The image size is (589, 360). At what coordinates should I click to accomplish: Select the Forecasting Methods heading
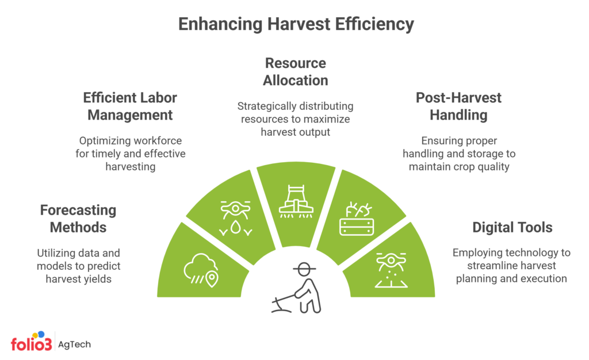click(x=78, y=219)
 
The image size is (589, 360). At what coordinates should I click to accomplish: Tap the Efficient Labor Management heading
click(x=129, y=106)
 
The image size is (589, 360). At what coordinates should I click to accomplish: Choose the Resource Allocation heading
click(x=295, y=72)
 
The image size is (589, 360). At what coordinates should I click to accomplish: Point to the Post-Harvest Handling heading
click(x=458, y=106)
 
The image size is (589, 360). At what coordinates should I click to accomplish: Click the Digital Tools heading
click(x=512, y=228)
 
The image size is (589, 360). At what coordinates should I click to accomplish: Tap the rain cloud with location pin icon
click(x=201, y=270)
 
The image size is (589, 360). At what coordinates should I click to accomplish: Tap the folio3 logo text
click(x=31, y=344)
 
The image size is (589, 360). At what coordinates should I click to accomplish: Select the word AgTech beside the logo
click(x=75, y=344)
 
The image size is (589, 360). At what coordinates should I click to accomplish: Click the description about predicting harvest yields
click(x=78, y=266)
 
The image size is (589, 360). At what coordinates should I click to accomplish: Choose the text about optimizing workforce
click(x=130, y=154)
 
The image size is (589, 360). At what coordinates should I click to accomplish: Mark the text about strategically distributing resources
click(x=295, y=119)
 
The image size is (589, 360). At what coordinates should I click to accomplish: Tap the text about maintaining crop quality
click(x=458, y=154)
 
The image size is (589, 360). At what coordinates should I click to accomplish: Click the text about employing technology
click(x=511, y=266)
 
